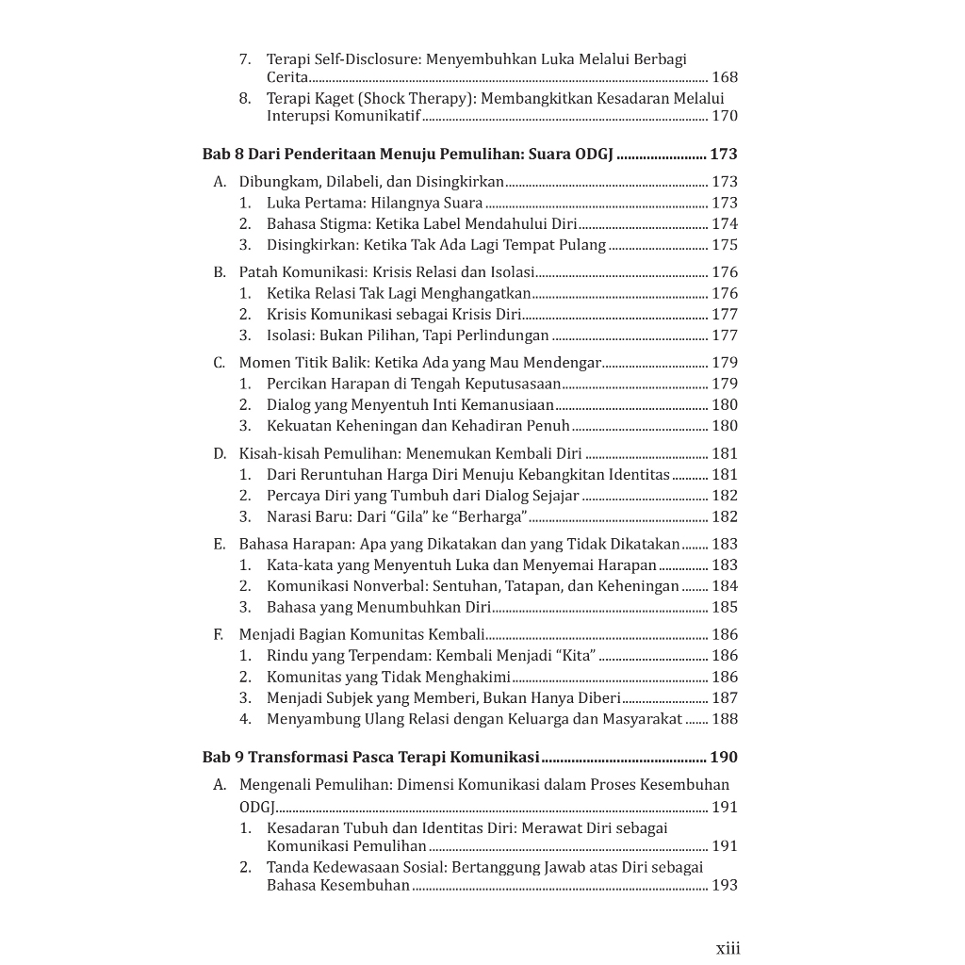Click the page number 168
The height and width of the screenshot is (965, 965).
(725, 77)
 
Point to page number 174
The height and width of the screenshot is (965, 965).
(725, 224)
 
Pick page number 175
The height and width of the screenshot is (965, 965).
(725, 245)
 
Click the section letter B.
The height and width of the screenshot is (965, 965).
(219, 272)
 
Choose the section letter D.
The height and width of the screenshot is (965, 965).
(219, 453)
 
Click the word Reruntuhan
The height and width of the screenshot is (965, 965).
(336, 475)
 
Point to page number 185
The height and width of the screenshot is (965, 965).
(725, 607)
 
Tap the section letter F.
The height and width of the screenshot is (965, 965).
(219, 634)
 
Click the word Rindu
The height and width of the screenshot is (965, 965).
(286, 656)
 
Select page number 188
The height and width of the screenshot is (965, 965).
(725, 719)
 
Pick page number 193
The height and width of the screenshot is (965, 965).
(725, 885)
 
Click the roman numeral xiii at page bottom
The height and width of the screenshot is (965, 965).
(728, 948)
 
